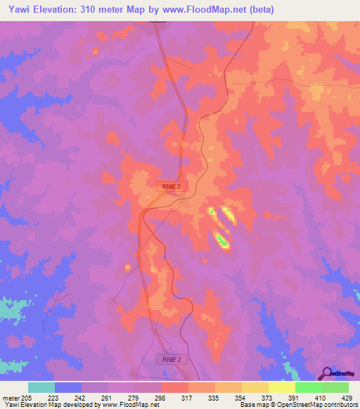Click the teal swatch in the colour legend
(41, 387)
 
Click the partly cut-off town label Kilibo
(157, 22)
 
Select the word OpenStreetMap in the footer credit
(295, 405)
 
